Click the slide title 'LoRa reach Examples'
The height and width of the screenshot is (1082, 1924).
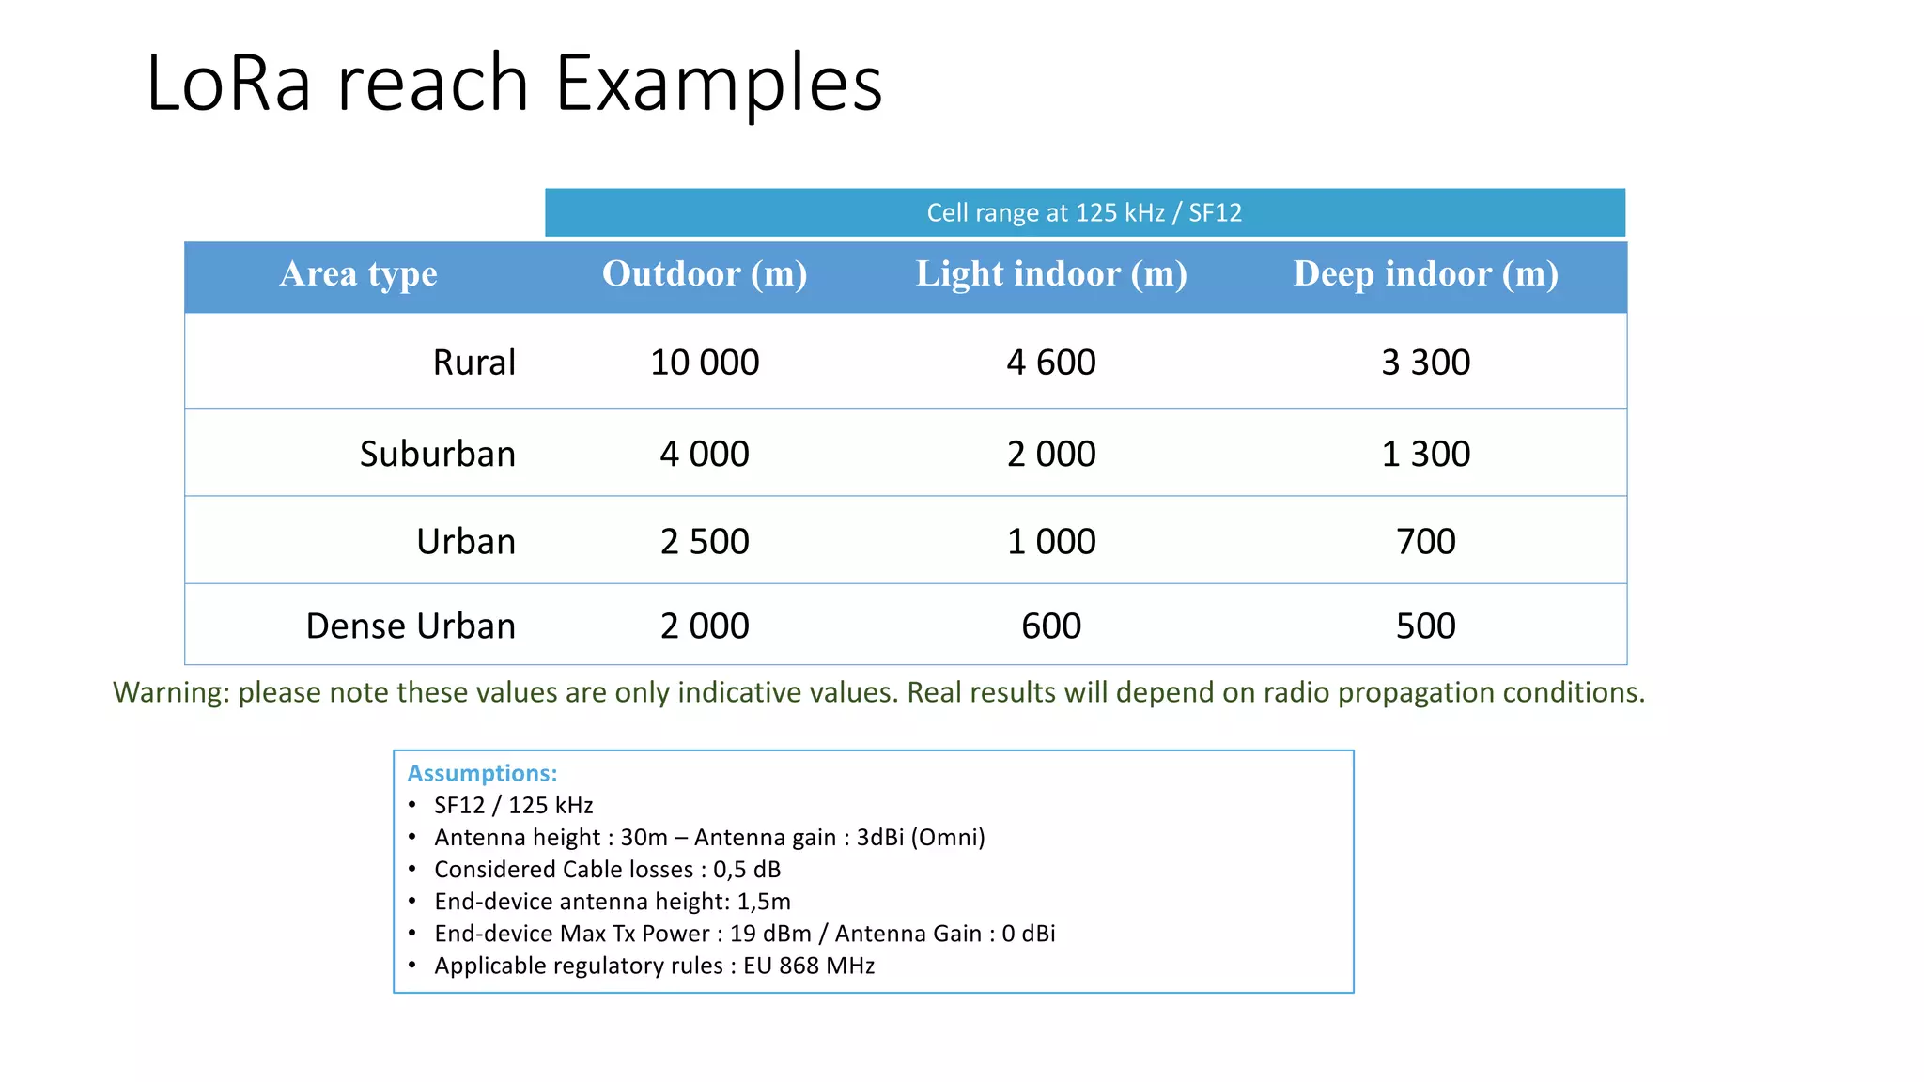coord(514,84)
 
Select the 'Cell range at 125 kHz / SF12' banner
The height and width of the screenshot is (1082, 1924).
coord(1084,213)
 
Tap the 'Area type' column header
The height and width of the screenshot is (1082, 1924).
coord(358,274)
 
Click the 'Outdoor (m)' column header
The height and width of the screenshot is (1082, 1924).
coord(705,274)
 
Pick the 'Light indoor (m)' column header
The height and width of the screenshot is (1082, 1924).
coord(1051,274)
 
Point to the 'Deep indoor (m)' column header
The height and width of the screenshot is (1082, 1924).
coord(1425,274)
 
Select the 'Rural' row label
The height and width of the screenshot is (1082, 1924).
coord(473,363)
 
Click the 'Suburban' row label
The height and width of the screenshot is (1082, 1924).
coord(437,455)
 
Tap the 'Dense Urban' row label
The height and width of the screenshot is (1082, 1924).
coord(411,626)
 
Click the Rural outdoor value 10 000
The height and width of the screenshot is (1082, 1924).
coord(705,363)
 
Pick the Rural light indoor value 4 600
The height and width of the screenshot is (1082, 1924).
coord(1051,363)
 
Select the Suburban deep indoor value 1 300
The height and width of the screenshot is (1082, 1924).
coord(1425,455)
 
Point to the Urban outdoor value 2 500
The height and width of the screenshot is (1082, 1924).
coord(705,542)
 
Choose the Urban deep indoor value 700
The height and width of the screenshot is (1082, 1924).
coord(1425,542)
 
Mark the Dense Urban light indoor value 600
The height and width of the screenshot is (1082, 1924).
coord(1051,626)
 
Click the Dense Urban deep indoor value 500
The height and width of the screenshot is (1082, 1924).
coord(1425,626)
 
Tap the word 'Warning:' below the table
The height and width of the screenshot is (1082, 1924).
coord(171,693)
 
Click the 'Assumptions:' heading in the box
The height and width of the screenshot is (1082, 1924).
coord(482,774)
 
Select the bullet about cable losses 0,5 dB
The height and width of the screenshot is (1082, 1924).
coord(607,870)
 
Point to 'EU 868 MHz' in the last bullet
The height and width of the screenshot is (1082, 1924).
coord(809,966)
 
